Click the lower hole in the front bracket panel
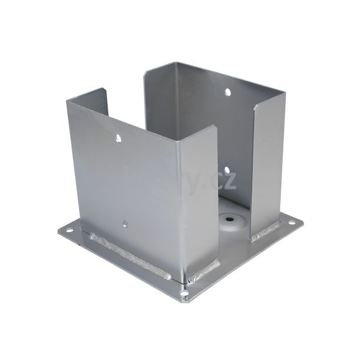(125, 223)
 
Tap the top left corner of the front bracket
(68, 101)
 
